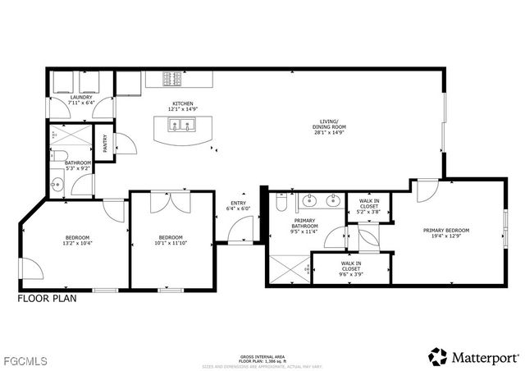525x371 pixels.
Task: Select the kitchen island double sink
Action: (181, 126)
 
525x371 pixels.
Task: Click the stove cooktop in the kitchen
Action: (173, 79)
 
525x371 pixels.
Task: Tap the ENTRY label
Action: (238, 203)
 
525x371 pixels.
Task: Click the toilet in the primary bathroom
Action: (280, 201)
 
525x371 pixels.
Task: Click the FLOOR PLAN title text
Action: (47, 299)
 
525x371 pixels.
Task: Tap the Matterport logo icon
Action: (438, 355)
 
